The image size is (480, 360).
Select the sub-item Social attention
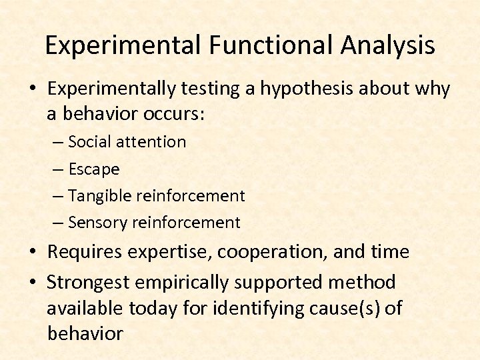point(127,141)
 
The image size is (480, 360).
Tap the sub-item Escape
point(93,169)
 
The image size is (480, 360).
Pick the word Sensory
point(99,223)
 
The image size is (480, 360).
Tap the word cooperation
point(270,252)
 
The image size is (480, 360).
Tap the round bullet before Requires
point(33,253)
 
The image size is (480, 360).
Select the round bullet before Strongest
point(33,283)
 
